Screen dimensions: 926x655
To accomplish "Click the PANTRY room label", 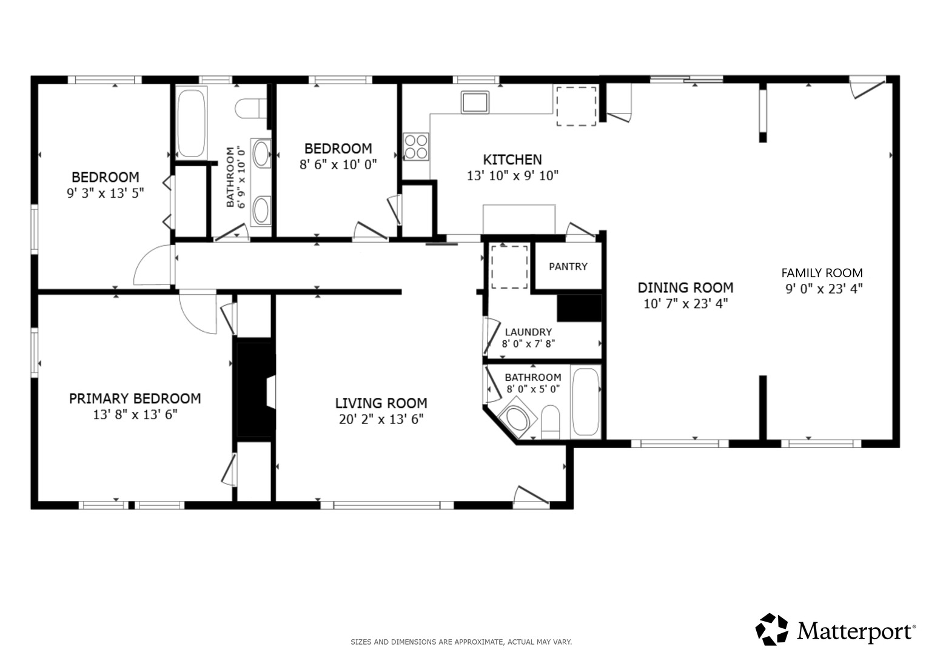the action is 568,267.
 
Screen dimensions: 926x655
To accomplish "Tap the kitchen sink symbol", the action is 475,102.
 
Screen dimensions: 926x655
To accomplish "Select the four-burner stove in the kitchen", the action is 416,147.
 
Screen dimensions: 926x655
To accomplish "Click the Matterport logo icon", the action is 771,630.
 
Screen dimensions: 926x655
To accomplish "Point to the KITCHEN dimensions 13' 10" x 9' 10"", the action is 512,176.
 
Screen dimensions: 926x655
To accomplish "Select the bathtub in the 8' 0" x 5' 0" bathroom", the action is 585,401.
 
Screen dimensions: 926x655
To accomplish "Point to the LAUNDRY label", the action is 528,332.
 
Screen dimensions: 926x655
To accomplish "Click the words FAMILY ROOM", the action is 822,273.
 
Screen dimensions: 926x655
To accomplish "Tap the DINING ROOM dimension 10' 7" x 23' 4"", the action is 685,304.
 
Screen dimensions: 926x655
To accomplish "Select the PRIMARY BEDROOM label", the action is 135,398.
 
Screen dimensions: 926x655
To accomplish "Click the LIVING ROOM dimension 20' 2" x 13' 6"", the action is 381,419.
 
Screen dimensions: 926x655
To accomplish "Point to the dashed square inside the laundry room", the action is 509,267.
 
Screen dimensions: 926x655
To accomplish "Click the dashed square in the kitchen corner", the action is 576,106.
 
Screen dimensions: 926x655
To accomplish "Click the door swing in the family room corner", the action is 867,88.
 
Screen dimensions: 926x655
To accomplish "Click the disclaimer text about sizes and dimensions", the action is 461,642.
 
